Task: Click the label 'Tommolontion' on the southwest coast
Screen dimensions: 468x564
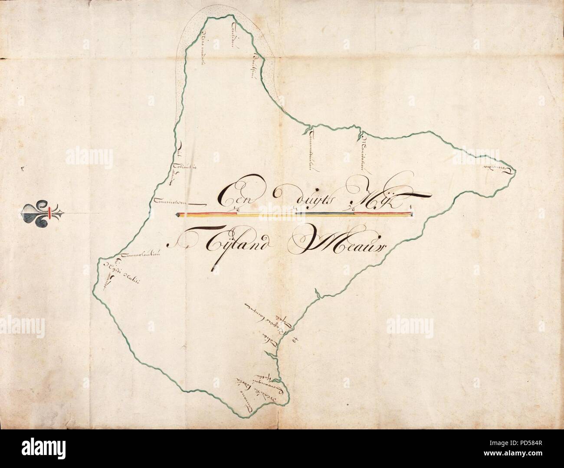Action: tap(141, 255)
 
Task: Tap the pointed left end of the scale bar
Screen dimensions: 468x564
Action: tap(177, 214)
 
